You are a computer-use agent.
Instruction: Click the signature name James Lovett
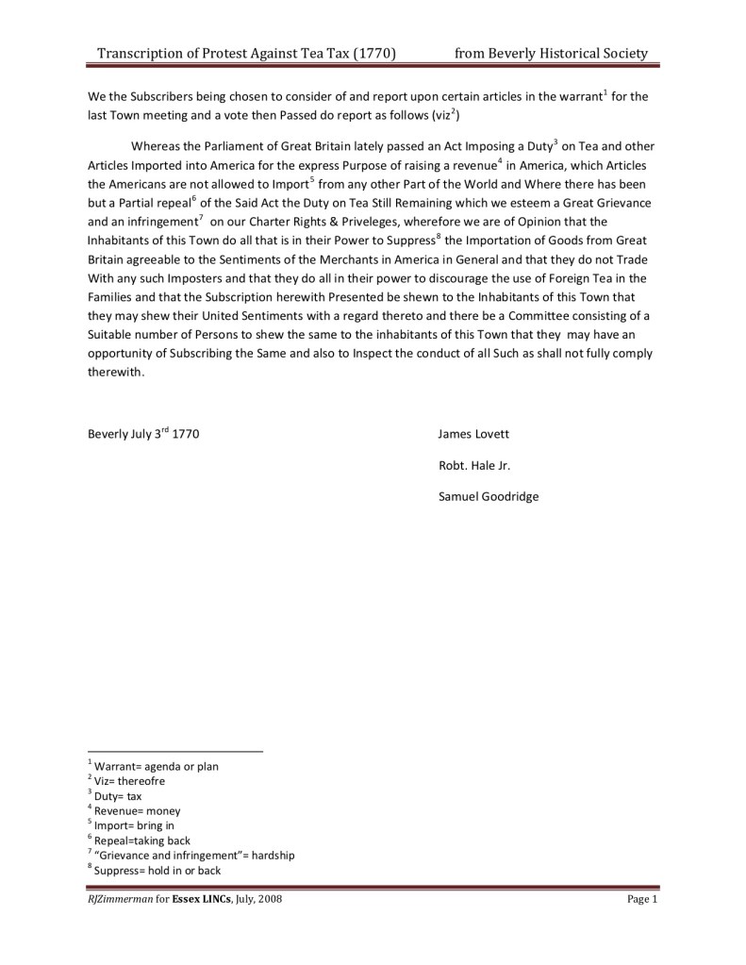pos(473,435)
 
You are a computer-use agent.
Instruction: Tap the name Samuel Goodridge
pos(489,496)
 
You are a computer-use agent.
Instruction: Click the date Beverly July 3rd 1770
pos(143,435)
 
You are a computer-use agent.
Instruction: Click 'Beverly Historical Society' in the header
pos(568,54)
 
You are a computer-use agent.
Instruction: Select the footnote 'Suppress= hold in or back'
pos(157,870)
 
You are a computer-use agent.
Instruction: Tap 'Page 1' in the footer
pos(641,900)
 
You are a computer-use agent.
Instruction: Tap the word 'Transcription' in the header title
pos(143,54)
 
